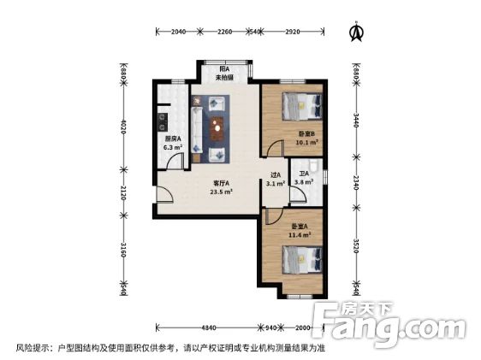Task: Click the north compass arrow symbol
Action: (x=356, y=32)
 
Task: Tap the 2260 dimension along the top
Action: (x=224, y=32)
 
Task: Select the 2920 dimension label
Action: (x=292, y=32)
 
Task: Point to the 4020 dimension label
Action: (x=123, y=131)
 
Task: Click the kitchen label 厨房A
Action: (x=173, y=139)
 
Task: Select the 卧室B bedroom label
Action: (x=306, y=134)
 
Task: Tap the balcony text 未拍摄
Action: (x=224, y=76)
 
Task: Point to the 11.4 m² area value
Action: (x=299, y=234)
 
